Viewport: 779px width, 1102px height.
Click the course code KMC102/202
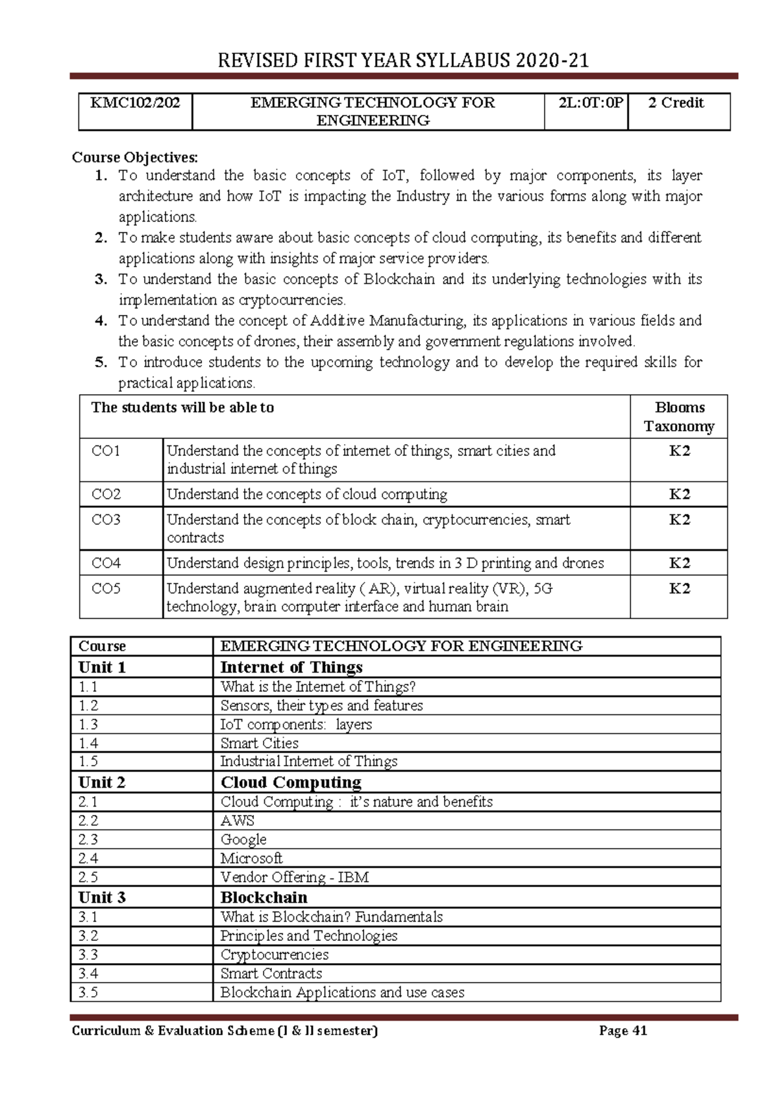pos(135,103)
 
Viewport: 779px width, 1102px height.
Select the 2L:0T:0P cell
pos(586,103)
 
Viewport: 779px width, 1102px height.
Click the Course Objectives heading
pos(135,157)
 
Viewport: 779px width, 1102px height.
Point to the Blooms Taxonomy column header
pos(679,417)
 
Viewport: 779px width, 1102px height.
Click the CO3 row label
pos(106,520)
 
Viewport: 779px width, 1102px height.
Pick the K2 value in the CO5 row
pos(679,589)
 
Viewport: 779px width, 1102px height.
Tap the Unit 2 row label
pos(102,783)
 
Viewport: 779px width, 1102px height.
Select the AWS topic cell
pos(238,821)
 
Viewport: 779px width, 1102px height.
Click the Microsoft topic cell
pos(251,858)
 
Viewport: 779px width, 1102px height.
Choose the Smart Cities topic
pos(259,743)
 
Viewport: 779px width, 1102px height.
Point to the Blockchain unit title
pos(264,897)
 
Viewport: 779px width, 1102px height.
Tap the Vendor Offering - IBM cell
pos(295,877)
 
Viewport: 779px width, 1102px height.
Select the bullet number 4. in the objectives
pos(101,321)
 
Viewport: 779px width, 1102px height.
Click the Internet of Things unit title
pos(291,668)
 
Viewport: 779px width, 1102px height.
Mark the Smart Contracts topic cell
pos(271,973)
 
